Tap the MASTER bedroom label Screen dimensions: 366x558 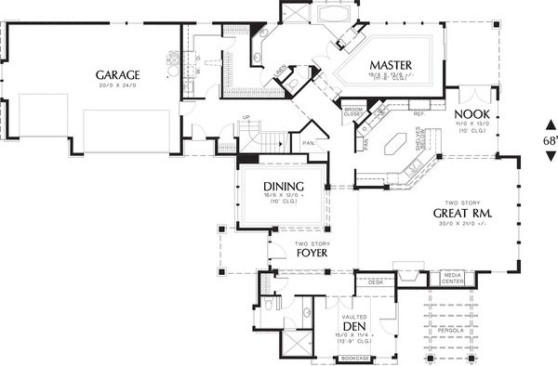391,64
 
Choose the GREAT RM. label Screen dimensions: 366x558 462,214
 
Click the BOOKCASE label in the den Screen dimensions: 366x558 353,357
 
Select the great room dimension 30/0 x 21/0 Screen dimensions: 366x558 461,226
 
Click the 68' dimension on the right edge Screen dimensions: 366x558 550,139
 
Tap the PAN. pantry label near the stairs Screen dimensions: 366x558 307,144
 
